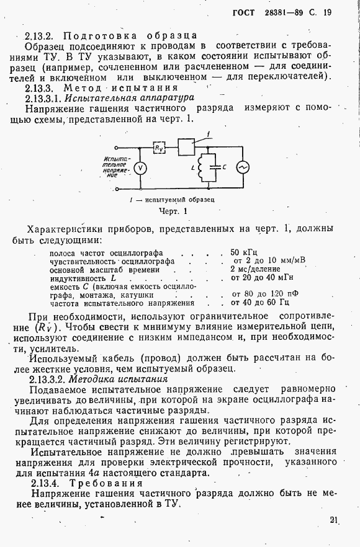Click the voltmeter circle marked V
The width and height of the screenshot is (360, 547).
point(140,167)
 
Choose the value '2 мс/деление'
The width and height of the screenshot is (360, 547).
point(254,269)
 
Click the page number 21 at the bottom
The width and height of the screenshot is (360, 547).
point(335,520)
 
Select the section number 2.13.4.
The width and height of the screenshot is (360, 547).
point(50,483)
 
